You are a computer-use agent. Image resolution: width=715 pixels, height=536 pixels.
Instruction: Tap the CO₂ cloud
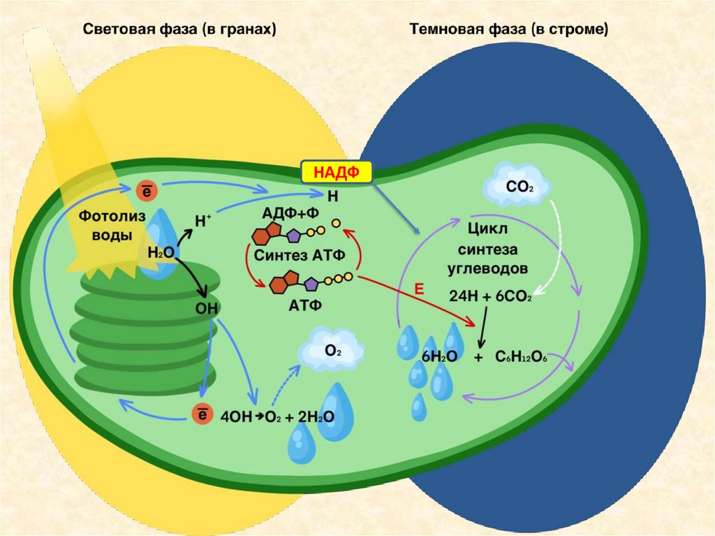coord(517,187)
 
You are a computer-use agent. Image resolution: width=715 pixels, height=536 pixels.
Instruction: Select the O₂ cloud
coord(332,352)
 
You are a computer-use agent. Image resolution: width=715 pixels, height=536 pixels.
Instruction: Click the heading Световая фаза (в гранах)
coord(180,30)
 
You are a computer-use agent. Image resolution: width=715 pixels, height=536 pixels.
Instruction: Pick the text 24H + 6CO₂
coord(490,296)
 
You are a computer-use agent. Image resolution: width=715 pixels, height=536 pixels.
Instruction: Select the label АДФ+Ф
coord(287,212)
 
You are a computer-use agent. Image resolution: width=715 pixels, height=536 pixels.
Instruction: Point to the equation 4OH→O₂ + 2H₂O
coord(277,417)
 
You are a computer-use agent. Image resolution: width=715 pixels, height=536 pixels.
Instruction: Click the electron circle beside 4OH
coord(200,416)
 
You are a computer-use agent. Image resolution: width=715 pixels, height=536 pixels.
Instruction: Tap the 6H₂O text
coord(439,357)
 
